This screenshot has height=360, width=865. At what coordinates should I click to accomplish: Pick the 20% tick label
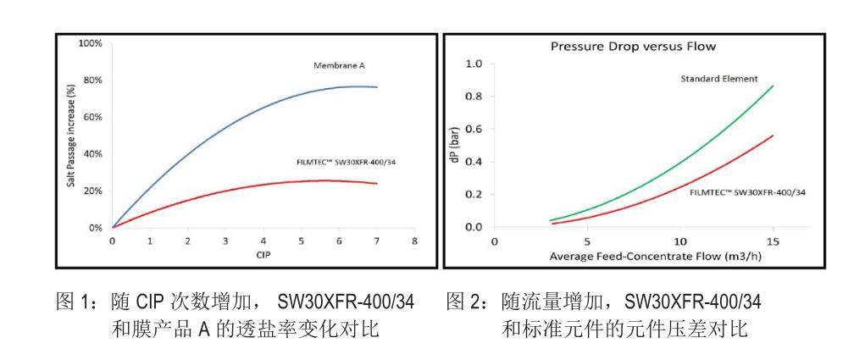pos(91,191)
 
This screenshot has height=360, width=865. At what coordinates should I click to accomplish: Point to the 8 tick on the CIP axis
pos(414,241)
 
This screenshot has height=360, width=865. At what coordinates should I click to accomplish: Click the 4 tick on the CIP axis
pos(263,241)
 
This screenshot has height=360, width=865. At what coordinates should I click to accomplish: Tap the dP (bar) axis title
pos(456,146)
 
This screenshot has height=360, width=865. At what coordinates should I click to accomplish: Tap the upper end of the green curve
pos(773,86)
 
